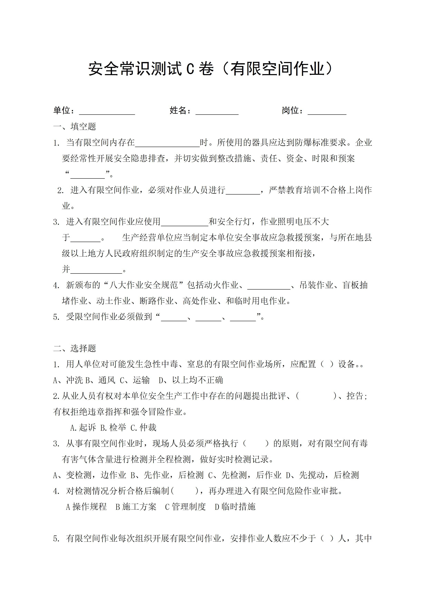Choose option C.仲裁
click(x=143, y=428)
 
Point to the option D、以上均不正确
click(x=191, y=380)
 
